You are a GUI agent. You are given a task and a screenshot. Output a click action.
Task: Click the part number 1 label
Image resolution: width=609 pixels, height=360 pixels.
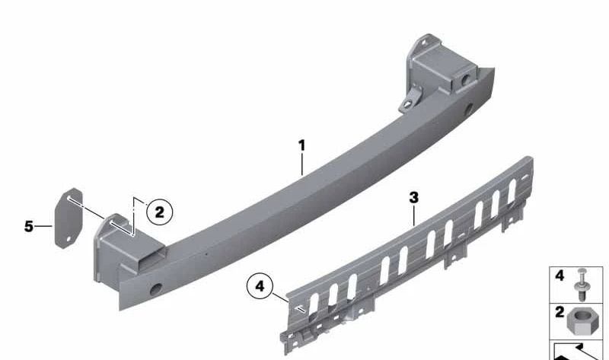tap(301, 146)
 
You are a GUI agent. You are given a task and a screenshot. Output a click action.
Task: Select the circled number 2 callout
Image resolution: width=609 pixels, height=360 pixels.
tap(159, 212)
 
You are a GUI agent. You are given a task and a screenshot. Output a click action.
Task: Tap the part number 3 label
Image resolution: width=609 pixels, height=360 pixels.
tap(414, 198)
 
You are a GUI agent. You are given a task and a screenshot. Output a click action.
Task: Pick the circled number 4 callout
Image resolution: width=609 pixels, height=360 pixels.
tap(260, 286)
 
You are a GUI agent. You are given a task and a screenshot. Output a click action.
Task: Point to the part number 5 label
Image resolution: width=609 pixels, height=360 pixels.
tap(29, 226)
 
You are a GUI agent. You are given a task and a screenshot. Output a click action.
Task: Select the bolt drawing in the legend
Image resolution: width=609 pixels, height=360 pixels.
tap(582, 285)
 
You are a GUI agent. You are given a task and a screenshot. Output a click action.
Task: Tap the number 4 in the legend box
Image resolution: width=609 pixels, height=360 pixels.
tap(560, 276)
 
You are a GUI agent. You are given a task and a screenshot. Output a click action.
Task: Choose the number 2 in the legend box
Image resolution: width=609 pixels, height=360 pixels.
tap(560, 312)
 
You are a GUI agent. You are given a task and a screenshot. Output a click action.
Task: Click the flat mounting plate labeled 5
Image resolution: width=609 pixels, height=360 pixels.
tap(69, 218)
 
